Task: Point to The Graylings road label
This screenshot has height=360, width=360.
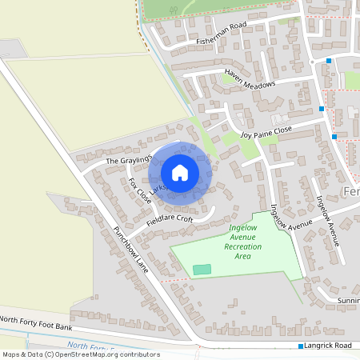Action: (128, 161)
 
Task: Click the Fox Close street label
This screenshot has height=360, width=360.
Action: (139, 191)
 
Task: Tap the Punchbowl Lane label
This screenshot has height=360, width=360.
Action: (131, 248)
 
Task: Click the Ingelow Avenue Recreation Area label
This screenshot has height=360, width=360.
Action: (242, 237)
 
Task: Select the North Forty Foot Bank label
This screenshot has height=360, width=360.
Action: (36, 323)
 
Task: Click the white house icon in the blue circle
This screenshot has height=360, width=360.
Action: (180, 173)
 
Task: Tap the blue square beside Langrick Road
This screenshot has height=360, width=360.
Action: (301, 346)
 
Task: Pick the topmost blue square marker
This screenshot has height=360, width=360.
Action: (328, 61)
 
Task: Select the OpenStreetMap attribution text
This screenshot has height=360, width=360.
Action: (81, 354)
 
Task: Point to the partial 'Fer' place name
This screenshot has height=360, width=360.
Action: (350, 194)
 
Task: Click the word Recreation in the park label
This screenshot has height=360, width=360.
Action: (242, 246)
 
